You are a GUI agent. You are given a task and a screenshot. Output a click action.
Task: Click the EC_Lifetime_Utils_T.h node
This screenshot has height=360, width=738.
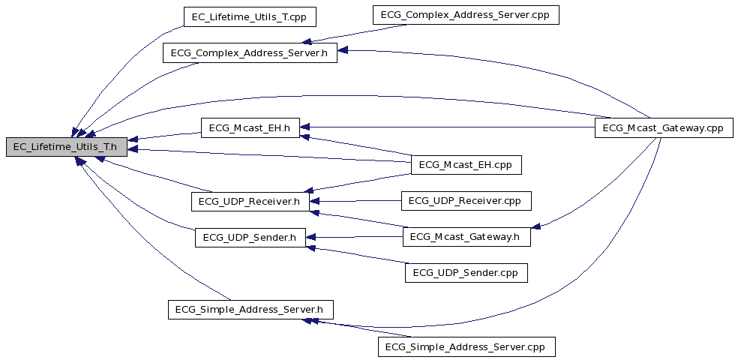tap(66, 147)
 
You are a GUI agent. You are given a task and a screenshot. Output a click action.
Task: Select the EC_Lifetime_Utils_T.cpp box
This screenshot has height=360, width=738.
tap(250, 17)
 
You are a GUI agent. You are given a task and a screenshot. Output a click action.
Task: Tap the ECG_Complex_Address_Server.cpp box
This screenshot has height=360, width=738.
tap(466, 15)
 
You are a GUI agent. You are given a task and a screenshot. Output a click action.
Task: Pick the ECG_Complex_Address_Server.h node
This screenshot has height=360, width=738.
tap(250, 52)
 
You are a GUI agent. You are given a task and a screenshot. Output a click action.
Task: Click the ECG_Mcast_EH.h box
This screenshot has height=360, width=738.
tap(250, 128)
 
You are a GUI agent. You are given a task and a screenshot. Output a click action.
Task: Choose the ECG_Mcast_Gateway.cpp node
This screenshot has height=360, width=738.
tap(664, 128)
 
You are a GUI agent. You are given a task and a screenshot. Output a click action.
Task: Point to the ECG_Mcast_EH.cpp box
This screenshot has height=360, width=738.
tap(466, 165)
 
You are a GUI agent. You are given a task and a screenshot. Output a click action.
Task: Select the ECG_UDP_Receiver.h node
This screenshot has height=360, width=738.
tap(250, 202)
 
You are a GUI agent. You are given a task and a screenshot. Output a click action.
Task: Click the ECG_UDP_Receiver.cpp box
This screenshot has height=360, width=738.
tap(466, 200)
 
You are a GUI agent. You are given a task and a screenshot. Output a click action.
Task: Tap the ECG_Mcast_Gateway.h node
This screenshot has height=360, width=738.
tap(466, 237)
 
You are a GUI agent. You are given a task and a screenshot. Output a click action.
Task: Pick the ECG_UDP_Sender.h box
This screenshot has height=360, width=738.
tap(250, 238)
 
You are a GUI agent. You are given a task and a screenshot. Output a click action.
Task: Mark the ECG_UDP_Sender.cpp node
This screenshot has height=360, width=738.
tap(466, 273)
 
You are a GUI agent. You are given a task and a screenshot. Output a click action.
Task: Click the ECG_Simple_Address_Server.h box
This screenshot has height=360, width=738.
tap(250, 310)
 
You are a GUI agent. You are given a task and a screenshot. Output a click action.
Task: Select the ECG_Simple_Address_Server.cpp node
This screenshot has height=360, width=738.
tap(466, 346)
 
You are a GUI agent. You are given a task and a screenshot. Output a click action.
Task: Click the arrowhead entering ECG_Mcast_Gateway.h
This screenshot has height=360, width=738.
tap(535, 226)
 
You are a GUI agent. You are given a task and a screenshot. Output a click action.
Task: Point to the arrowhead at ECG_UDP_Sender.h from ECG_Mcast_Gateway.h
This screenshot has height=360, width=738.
tap(310, 238)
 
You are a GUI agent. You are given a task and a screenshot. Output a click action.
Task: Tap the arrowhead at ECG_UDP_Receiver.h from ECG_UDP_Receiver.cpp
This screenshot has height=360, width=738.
tap(314, 202)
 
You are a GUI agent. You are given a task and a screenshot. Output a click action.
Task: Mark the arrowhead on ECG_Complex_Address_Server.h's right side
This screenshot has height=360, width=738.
tap(343, 50)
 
